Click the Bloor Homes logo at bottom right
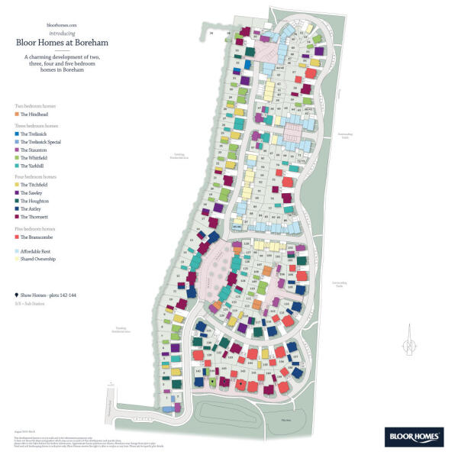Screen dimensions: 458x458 tap(416, 437)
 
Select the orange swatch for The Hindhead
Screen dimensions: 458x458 tap(17, 113)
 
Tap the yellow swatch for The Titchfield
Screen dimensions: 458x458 tap(17, 185)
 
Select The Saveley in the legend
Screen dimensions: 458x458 tap(32, 193)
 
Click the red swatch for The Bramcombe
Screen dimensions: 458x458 tap(17, 237)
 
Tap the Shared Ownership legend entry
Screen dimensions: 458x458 tap(39, 260)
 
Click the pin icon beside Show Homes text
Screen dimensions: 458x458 tap(17, 294)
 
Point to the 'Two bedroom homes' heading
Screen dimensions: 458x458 tap(35, 105)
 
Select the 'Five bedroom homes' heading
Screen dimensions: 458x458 tap(35, 229)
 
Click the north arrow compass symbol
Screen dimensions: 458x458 tap(409, 340)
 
